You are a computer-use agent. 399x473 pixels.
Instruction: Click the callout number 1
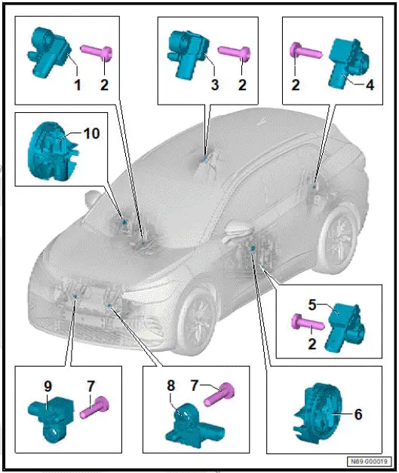pos(76,86)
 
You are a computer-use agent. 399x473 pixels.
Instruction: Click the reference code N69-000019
pos(368,462)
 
